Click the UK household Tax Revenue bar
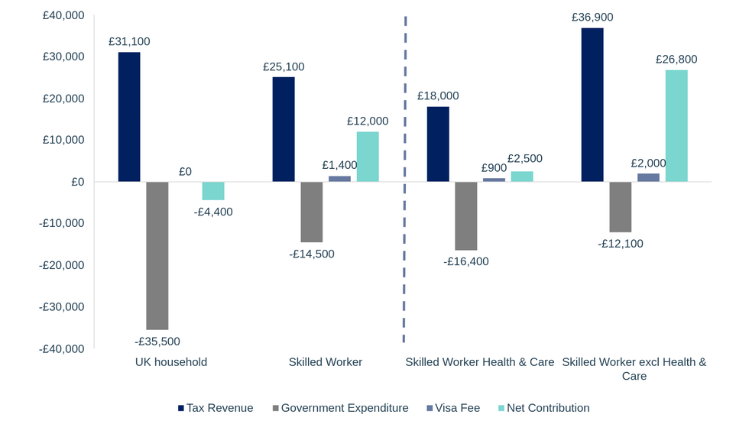(x=129, y=117)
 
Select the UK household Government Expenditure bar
(x=157, y=255)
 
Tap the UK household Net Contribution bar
(x=213, y=191)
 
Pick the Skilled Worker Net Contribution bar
(x=368, y=157)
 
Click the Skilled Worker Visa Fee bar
(x=340, y=179)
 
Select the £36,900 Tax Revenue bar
(x=592, y=105)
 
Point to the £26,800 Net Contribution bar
(x=676, y=126)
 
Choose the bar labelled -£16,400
(x=466, y=215)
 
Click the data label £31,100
(x=129, y=42)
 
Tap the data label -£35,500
(x=157, y=341)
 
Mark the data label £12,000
(x=368, y=121)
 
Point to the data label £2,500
(x=523, y=159)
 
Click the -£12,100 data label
(x=621, y=244)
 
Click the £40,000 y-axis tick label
(x=63, y=15)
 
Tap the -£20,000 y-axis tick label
(x=62, y=265)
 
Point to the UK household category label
(x=171, y=361)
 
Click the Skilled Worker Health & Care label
(x=480, y=361)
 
